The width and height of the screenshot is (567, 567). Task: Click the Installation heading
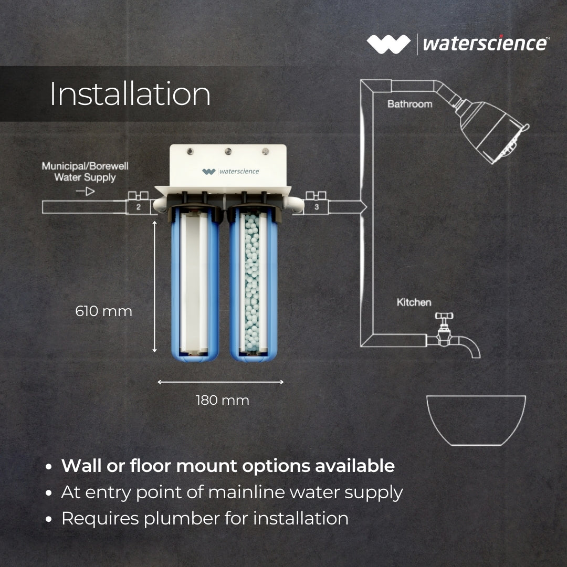[130, 94]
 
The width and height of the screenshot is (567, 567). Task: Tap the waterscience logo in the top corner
[457, 44]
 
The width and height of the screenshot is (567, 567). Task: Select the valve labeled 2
[138, 205]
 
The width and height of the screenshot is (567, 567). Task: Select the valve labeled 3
[317, 205]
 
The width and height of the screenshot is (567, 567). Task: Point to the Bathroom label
[409, 104]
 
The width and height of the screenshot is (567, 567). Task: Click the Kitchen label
[414, 302]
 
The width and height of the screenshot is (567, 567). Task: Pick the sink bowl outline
[476, 420]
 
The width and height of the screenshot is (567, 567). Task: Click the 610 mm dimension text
[104, 311]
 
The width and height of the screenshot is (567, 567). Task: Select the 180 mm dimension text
[223, 401]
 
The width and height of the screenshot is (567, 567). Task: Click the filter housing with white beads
[253, 283]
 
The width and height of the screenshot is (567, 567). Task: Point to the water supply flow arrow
[86, 192]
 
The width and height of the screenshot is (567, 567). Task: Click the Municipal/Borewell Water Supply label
[85, 172]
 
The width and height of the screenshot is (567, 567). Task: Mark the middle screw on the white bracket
[228, 152]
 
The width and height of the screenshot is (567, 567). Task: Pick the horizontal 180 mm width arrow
[220, 382]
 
